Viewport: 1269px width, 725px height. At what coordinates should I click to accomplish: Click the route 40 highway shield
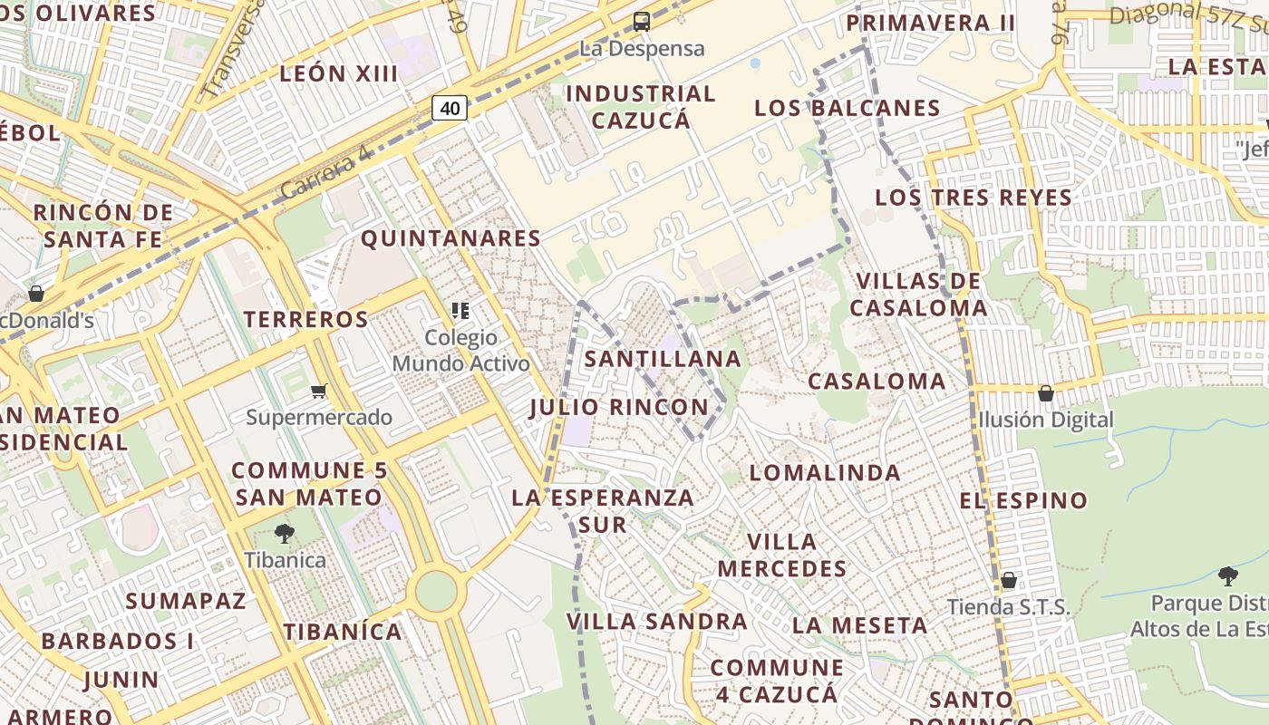tap(450, 109)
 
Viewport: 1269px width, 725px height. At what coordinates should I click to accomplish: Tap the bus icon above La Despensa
tap(642, 22)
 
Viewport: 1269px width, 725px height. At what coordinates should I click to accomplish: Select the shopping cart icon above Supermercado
tap(318, 391)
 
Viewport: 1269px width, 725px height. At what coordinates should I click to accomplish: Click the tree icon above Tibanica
tap(285, 534)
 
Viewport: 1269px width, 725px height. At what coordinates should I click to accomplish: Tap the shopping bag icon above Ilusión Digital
tap(1045, 393)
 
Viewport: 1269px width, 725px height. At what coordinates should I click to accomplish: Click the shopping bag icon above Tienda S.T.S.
tap(1008, 580)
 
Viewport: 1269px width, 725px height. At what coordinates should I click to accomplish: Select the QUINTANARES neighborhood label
tap(450, 238)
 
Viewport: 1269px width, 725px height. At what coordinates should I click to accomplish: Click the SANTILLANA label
tap(663, 359)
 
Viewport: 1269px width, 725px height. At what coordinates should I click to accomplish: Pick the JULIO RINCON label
tap(619, 407)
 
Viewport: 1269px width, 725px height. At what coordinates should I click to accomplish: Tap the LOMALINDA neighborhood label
tap(825, 472)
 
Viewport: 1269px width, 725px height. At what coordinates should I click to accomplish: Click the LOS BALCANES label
tap(848, 108)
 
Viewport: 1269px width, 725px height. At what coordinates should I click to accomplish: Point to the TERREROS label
tap(306, 319)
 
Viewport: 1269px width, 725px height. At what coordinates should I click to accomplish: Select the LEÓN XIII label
tap(339, 73)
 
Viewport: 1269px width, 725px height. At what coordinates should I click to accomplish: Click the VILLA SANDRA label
tap(657, 622)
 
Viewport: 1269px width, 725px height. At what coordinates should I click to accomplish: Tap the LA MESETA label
tap(859, 625)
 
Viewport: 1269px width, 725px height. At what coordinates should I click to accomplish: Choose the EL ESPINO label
tap(1023, 500)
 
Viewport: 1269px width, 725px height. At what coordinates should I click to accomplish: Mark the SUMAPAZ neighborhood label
tap(186, 601)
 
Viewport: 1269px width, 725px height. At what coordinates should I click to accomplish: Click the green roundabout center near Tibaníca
tap(436, 591)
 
